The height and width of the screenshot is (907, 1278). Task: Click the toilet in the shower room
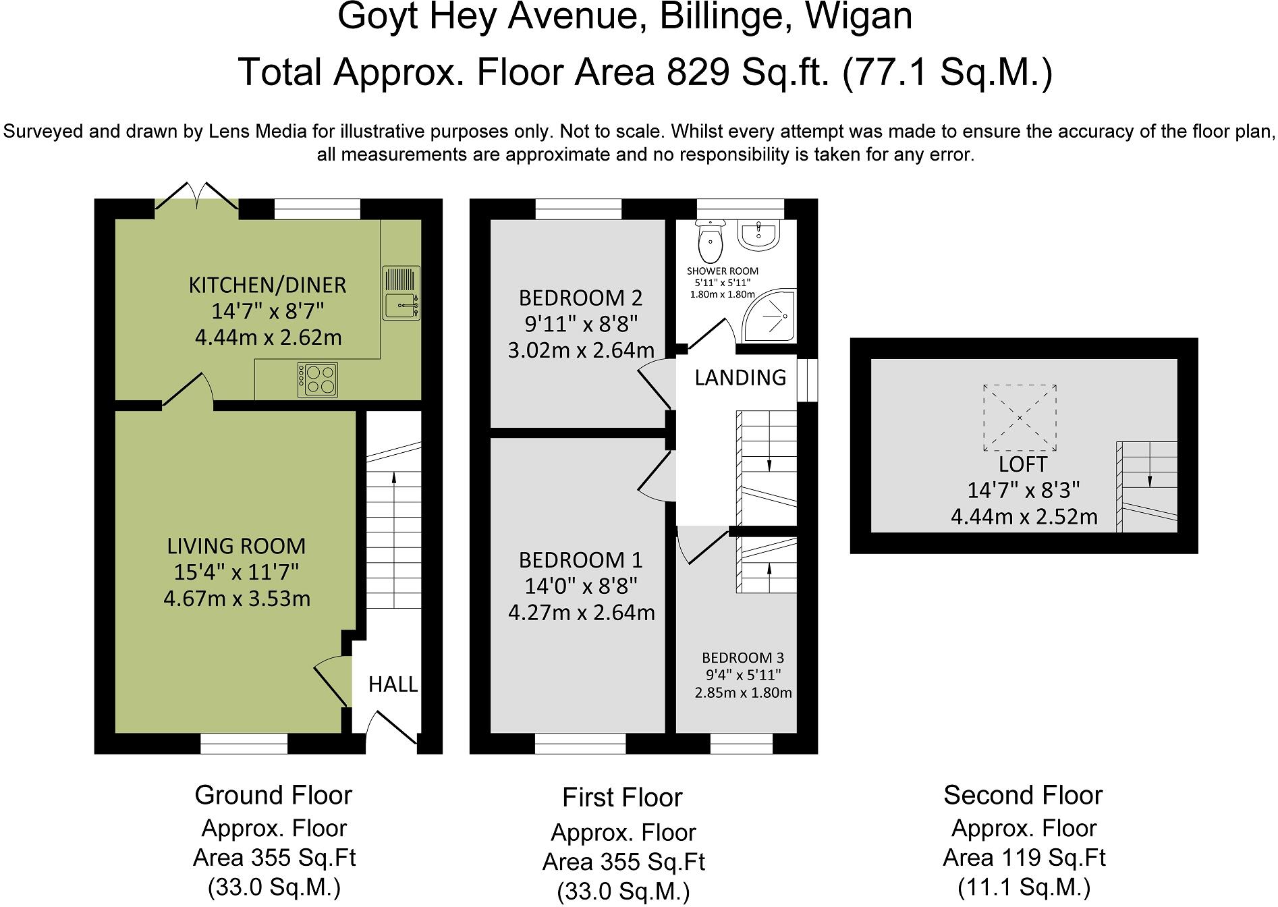(710, 242)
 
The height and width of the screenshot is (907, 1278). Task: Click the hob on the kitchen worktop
(318, 379)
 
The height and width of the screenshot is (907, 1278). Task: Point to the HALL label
(393, 684)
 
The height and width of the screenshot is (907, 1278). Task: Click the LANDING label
(740, 377)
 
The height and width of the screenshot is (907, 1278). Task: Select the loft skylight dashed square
(1019, 418)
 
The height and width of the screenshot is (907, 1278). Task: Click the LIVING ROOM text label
(236, 545)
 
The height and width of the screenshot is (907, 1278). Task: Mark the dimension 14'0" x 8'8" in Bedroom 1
(581, 586)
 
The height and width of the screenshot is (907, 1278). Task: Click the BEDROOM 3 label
(743, 657)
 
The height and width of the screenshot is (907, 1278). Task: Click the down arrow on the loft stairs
(1150, 478)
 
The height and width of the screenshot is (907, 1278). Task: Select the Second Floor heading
(1022, 795)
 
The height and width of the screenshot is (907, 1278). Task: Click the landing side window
(807, 380)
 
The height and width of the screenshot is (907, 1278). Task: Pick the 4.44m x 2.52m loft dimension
(1024, 517)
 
